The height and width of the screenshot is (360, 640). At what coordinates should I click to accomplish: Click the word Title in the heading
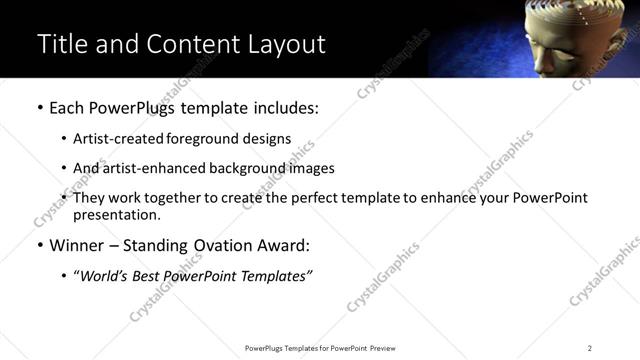[63, 44]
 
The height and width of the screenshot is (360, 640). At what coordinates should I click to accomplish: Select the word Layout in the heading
[285, 44]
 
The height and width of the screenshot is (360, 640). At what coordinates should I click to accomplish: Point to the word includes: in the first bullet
[283, 108]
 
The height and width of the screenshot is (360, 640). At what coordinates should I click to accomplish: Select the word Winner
[77, 245]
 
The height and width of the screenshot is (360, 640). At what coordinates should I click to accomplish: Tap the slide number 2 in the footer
[589, 348]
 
